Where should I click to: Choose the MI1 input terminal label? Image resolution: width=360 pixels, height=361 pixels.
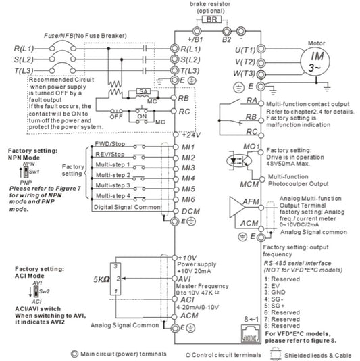(x=189, y=146)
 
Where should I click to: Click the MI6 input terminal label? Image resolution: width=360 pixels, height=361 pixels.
(x=189, y=201)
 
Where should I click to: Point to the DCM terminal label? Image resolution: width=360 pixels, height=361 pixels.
(x=191, y=212)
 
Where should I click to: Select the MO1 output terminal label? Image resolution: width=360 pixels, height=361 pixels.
(x=252, y=147)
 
